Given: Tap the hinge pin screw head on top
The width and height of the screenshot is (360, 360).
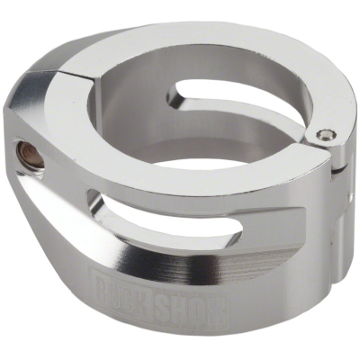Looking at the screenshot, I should tap(325, 136).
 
